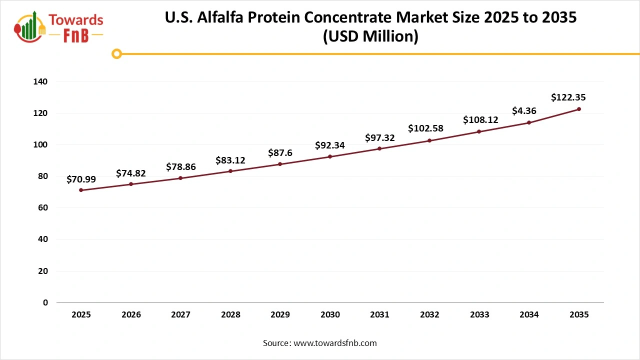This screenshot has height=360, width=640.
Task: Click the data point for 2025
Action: (x=81, y=190)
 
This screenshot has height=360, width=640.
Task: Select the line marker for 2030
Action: (x=330, y=156)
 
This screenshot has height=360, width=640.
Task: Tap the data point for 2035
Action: (x=579, y=109)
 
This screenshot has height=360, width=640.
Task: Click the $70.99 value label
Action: (x=81, y=179)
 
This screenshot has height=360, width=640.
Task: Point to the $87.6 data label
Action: (x=280, y=153)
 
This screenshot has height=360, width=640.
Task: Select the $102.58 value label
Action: (x=425, y=128)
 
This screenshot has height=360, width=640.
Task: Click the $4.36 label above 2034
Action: (x=523, y=111)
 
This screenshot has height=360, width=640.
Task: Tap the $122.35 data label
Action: (x=568, y=97)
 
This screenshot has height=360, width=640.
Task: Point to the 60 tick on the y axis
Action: (x=43, y=208)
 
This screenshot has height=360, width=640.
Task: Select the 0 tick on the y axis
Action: (x=45, y=302)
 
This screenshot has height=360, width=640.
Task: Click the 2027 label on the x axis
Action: (x=180, y=315)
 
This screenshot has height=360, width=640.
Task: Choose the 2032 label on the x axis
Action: (x=429, y=315)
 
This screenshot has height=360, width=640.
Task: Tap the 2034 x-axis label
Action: (x=529, y=315)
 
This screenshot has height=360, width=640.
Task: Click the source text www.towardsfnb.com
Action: (x=335, y=343)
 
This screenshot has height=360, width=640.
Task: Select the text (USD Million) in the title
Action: (x=370, y=36)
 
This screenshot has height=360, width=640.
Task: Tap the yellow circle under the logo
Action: (x=116, y=53)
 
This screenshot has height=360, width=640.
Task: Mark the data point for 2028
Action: (x=230, y=171)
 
